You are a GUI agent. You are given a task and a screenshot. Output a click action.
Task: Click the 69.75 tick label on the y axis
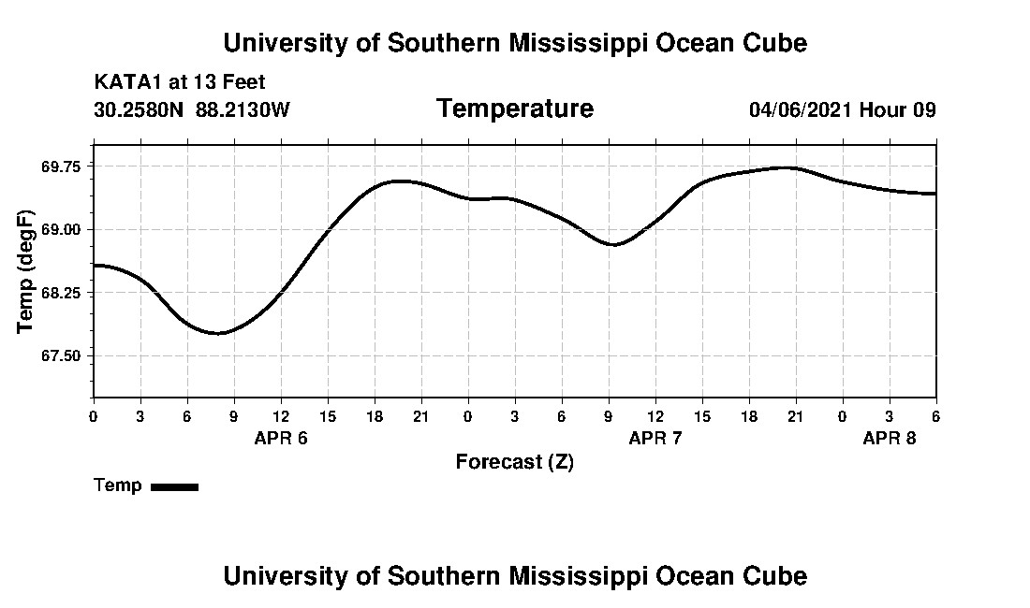point(62,166)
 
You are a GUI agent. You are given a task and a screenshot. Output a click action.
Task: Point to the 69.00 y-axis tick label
point(62,229)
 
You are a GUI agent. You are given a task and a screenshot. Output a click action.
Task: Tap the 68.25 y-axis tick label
point(62,293)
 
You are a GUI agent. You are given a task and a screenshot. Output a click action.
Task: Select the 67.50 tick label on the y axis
point(62,356)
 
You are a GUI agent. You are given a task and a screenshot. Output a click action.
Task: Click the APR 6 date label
point(281,438)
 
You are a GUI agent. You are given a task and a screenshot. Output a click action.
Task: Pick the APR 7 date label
point(655,438)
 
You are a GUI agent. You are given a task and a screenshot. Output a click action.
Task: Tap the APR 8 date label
point(890,438)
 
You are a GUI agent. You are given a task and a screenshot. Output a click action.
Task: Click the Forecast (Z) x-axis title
point(515,462)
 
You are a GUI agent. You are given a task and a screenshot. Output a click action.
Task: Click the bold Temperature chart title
point(515,109)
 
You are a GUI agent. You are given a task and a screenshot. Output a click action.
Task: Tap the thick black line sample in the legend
point(175,486)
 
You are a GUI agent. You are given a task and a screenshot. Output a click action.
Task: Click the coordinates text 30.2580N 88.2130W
point(192,110)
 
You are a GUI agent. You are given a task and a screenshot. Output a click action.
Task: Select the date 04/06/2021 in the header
point(801,110)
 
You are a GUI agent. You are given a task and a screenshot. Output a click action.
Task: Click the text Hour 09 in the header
point(898,110)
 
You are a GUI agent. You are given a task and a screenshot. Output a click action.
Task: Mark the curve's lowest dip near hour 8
point(218,333)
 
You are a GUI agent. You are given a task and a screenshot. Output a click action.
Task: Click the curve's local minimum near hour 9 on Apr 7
point(613,244)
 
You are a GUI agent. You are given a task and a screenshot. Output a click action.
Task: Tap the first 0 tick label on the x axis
point(94,415)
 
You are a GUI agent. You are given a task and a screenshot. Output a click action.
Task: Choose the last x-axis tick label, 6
point(936,415)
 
